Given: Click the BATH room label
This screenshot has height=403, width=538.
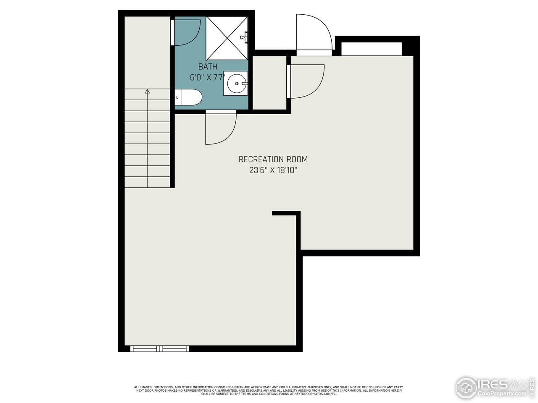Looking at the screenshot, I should click(x=208, y=66).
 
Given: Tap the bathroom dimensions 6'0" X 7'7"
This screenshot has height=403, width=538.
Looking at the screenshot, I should click(x=208, y=77).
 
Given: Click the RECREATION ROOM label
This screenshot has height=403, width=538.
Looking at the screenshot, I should click(x=273, y=159).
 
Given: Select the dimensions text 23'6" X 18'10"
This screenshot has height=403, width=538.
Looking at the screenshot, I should click(x=273, y=170).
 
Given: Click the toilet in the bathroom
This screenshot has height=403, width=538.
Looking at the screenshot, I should click(x=189, y=97).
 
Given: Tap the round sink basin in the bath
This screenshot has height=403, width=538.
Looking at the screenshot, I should click(x=237, y=83).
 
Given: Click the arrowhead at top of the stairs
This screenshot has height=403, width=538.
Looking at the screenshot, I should click(x=147, y=91).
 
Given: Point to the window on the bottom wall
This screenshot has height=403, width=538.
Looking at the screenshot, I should click(x=160, y=348).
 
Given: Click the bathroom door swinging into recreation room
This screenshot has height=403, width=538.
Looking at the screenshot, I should click(x=219, y=128).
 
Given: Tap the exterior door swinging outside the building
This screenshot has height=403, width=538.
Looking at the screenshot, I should click(x=313, y=34).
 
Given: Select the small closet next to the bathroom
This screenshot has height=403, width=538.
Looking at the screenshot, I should click(x=269, y=82).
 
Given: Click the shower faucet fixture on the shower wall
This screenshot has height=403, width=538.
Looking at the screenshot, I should click(x=245, y=37).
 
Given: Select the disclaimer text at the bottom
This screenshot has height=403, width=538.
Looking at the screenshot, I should click(x=269, y=390).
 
